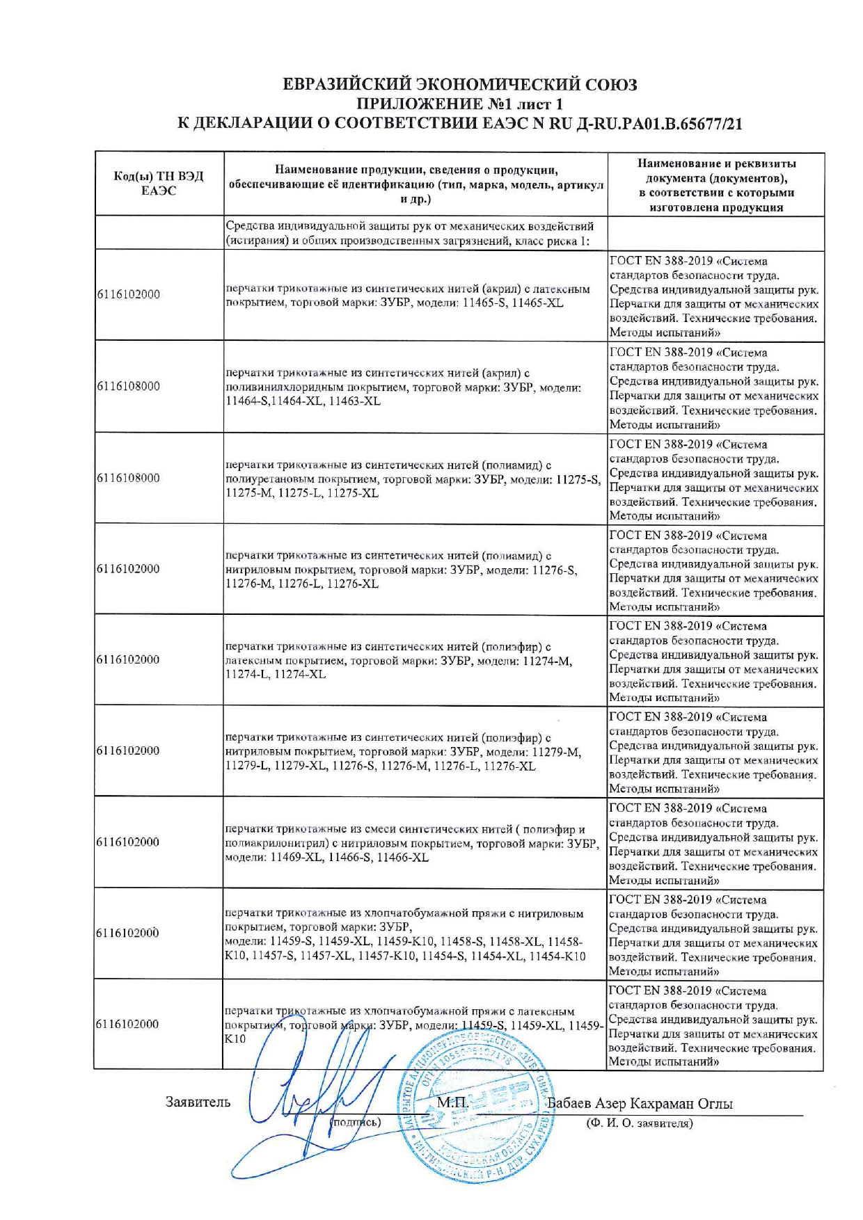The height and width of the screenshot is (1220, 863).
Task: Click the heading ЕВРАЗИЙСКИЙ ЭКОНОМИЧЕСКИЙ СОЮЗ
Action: pyautogui.click(x=459, y=85)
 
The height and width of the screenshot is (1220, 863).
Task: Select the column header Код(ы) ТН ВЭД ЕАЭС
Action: pyautogui.click(x=158, y=184)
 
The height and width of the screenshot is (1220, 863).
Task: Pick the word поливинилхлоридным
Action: pyautogui.click(x=276, y=387)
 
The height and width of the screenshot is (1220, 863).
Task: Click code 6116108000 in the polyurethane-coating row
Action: pyautogui.click(x=128, y=478)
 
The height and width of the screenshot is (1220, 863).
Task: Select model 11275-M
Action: pyautogui.click(x=250, y=493)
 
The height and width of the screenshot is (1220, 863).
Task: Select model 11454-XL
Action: pyautogui.click(x=497, y=956)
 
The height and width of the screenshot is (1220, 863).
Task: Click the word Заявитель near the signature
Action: pyautogui.click(x=198, y=1102)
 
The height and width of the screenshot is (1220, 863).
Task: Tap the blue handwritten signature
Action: pyautogui.click(x=306, y=1106)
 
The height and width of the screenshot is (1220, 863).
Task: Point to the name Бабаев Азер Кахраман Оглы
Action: pyautogui.click(x=640, y=1104)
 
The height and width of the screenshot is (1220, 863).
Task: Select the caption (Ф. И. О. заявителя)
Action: pyautogui.click(x=639, y=1123)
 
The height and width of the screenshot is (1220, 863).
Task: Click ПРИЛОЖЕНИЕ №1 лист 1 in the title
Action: pyautogui.click(x=459, y=104)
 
